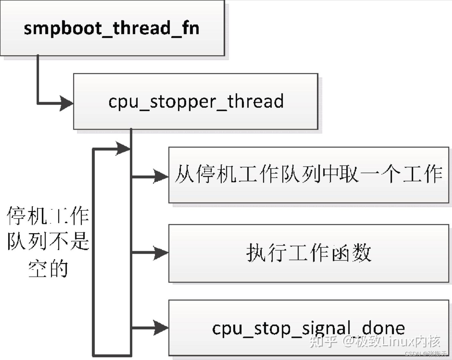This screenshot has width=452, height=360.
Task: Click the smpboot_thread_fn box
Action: point(112,28)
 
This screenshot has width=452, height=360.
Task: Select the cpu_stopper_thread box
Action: point(196,101)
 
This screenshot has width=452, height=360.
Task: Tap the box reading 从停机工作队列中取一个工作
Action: point(308,175)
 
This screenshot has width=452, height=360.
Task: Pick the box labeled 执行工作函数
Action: point(308,253)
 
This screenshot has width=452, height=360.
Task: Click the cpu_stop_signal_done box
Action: point(308,328)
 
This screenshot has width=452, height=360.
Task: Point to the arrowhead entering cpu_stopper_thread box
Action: point(67,104)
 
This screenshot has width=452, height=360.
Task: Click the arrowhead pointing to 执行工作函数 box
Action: point(161,253)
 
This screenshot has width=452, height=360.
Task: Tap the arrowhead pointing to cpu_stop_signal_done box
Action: point(161,328)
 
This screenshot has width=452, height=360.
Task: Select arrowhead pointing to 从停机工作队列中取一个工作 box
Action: point(161,176)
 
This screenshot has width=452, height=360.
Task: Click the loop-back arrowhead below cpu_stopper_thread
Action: point(123,148)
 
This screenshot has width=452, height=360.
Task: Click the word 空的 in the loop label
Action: point(48,269)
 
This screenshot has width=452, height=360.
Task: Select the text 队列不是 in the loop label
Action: point(48,242)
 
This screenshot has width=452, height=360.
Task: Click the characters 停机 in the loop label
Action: point(27,215)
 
